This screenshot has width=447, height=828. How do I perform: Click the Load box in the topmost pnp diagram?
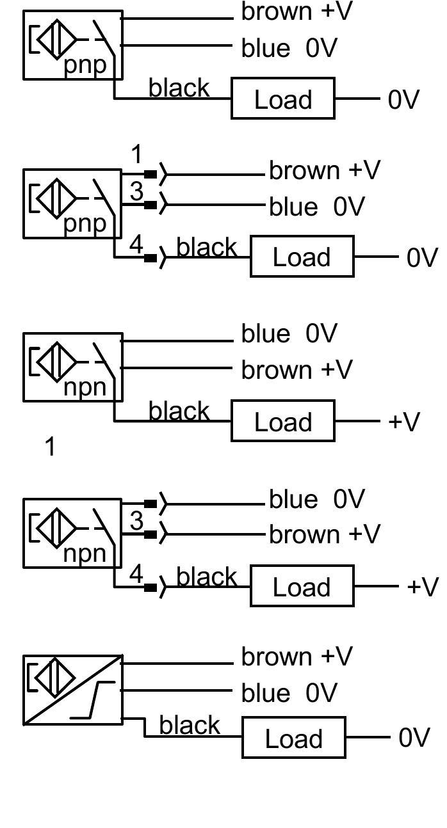[282, 99]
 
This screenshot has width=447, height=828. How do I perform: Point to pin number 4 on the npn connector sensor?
[136, 575]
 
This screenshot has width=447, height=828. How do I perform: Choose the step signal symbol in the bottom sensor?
[93, 700]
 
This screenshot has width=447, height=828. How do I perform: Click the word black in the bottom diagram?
[190, 726]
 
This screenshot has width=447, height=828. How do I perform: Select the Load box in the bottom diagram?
[293, 738]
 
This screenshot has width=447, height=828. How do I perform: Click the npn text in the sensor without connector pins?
[85, 388]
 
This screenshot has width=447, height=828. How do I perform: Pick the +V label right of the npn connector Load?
[422, 587]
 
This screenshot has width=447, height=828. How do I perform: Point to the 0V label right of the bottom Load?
[414, 738]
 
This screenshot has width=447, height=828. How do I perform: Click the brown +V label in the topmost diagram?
[297, 12]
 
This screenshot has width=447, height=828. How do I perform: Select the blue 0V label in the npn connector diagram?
[316, 499]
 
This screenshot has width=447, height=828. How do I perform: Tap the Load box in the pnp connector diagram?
[302, 257]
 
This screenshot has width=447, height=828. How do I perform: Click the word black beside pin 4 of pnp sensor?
[206, 247]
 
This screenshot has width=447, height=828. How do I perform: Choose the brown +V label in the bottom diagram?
[297, 657]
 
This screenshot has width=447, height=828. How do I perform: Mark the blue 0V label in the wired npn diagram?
[289, 333]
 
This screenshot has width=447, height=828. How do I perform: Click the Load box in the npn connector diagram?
[302, 587]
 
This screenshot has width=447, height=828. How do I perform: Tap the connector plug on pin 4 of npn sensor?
[151, 588]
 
